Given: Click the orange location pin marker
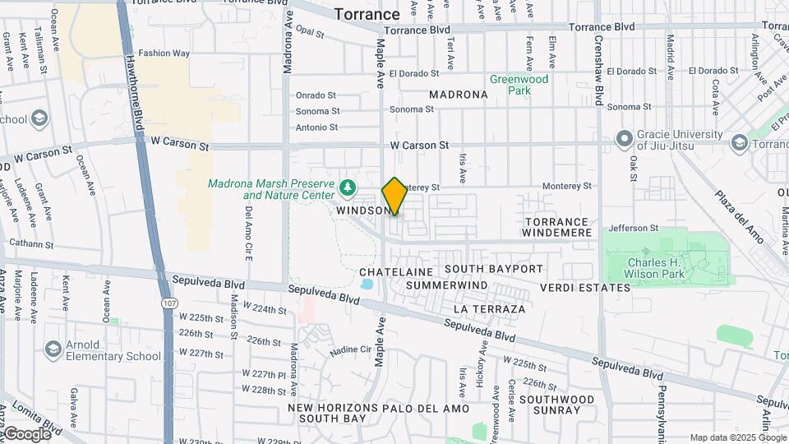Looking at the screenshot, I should click(394, 197).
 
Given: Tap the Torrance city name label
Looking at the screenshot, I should click(367, 14).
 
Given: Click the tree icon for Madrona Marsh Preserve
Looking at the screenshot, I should click(348, 188).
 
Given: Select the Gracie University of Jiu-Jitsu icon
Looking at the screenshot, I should click(624, 138).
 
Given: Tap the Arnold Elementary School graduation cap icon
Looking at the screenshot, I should click(54, 349).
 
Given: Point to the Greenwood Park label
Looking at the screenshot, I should click(519, 85).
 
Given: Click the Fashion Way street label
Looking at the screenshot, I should click(164, 53).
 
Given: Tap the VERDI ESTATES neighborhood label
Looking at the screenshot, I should click(585, 288).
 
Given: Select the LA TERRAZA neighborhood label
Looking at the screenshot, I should click(489, 309).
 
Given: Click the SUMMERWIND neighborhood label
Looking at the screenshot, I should click(446, 285).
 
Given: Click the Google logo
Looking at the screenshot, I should click(26, 433).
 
